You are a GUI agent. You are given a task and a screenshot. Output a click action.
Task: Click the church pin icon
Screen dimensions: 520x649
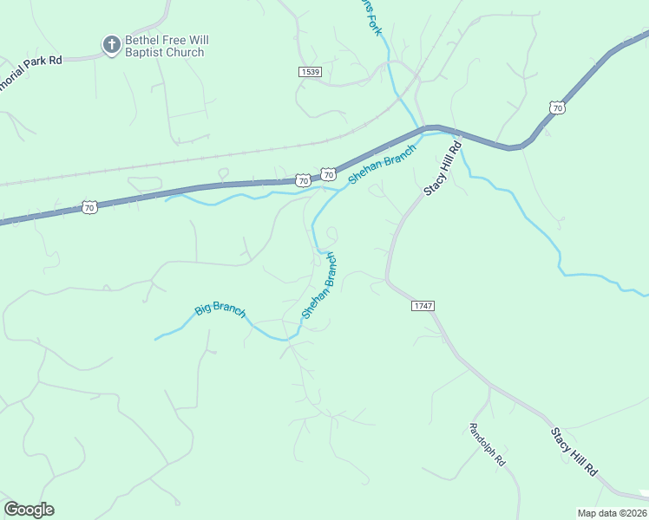pos(111,44)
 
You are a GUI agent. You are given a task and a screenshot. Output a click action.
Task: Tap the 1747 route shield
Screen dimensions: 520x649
pos(423,306)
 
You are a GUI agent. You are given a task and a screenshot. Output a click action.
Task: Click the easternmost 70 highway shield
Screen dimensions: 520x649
pos(557,107)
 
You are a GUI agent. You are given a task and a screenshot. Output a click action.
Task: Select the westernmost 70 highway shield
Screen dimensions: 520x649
pos(89,206)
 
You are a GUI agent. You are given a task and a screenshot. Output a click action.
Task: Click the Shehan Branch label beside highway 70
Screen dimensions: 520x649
pos(383,163)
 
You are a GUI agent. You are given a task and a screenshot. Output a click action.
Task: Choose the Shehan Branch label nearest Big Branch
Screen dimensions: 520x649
pos(318,285)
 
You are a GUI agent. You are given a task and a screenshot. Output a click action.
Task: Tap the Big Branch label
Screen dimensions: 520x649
pos(220,309)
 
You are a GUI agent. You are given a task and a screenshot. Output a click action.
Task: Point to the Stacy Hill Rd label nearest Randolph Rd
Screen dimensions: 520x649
pos(574,451)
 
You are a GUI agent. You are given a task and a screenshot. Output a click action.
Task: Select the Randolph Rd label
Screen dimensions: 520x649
pos(487,445)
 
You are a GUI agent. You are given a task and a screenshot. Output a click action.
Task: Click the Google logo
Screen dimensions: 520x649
pos(29,510)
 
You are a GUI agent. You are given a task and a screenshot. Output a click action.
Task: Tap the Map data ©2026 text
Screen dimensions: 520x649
pos(612,513)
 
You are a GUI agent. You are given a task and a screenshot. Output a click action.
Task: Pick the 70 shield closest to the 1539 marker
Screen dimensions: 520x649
pos(328,174)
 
